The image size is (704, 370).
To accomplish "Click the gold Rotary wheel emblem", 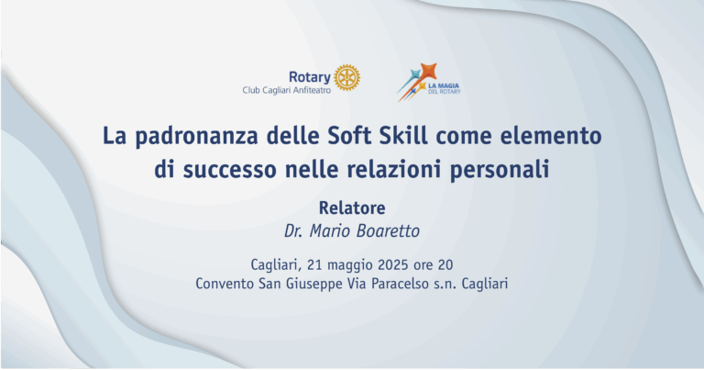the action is pos(346,77).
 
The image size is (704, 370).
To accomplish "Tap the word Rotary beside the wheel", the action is pos(309,77).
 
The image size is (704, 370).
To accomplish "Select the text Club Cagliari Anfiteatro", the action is pos(286,90).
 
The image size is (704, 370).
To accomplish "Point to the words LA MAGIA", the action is pos(443,85).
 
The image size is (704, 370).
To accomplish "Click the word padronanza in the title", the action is pos(197,136).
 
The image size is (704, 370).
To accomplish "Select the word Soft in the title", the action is pos(350,135).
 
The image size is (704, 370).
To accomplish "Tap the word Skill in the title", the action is pos(403,135).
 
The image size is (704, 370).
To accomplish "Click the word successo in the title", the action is pos(229,170).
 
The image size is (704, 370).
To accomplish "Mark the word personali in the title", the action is pos(500,170).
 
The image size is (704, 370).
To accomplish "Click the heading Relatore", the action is pos(352,208).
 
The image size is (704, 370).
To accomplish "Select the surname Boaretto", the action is pos(388,231).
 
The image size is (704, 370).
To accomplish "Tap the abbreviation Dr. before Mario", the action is pos(293,231).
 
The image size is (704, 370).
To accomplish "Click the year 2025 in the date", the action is pos(393,264).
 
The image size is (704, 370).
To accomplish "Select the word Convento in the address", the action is pos(225,284).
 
